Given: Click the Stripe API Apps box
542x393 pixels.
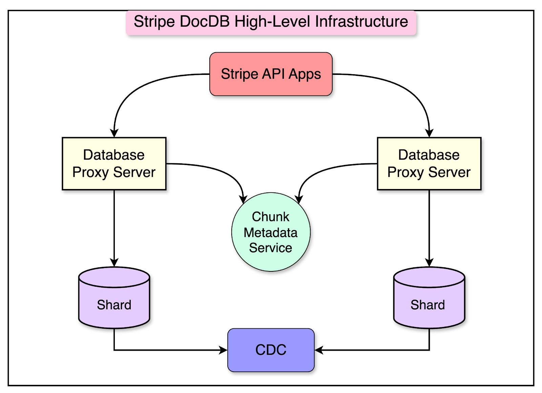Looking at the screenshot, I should pyautogui.click(x=271, y=74).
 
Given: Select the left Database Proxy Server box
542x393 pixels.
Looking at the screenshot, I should pyautogui.click(x=114, y=164).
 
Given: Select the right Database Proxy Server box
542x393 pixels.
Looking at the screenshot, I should pyautogui.click(x=429, y=164).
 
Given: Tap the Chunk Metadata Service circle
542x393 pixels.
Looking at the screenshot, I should pyautogui.click(x=271, y=232).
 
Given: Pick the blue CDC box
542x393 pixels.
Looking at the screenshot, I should pyautogui.click(x=271, y=350).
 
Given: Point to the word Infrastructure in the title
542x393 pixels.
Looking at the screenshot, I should pyautogui.click(x=361, y=22).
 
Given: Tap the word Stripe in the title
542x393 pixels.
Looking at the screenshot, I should pyautogui.click(x=154, y=22).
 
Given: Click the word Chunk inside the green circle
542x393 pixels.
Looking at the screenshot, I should pyautogui.click(x=271, y=217).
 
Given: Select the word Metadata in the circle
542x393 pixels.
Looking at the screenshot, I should pyautogui.click(x=271, y=233).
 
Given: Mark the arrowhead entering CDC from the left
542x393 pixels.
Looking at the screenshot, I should pyautogui.click(x=224, y=350).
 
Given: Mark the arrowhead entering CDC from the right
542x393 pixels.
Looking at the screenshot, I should pyautogui.click(x=319, y=350).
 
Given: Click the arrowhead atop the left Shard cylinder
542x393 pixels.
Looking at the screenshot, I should pyautogui.click(x=114, y=263).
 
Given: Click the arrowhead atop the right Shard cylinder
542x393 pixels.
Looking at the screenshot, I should pyautogui.click(x=429, y=263).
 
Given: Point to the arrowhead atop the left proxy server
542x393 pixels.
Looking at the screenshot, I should pyautogui.click(x=114, y=133).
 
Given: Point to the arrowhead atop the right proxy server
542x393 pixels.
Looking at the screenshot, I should pyautogui.click(x=429, y=133).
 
